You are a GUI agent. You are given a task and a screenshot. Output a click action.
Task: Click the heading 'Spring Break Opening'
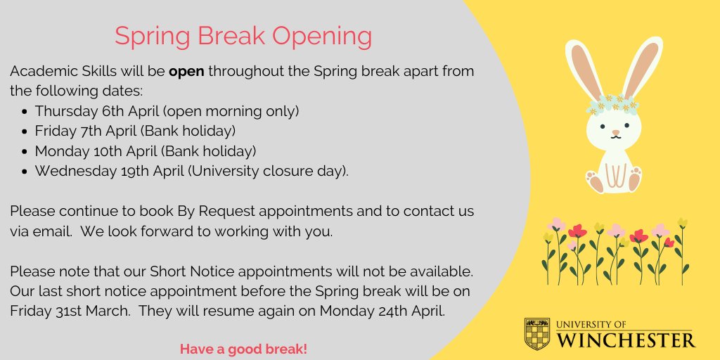coord(243,37)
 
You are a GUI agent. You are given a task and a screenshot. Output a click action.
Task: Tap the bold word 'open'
coord(186,72)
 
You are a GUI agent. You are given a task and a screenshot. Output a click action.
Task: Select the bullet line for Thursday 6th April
coord(167,111)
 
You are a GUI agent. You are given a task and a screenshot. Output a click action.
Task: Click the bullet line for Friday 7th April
coord(135,131)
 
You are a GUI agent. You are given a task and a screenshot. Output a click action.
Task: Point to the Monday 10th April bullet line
coord(145,150)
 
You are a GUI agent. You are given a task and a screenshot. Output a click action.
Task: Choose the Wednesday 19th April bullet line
coord(191,171)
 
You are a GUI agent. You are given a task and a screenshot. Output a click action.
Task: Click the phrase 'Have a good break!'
coord(243,349)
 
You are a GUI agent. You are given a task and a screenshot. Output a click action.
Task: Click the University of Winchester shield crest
coord(538,334)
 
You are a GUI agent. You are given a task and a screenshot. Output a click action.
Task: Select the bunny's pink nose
coord(616,132)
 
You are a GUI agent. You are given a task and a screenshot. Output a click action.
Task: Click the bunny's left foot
coord(596,181)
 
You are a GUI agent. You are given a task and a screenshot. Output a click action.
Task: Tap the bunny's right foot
coord(635,179)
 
